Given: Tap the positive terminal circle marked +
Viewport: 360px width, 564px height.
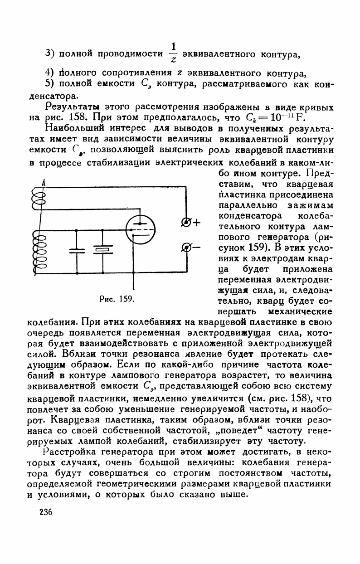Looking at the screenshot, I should click(185, 222).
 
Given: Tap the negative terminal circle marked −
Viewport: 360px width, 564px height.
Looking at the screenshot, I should click(185, 247).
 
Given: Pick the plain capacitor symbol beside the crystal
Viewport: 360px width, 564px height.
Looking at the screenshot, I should click(76, 250).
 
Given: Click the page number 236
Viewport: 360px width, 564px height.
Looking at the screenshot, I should click(46, 512).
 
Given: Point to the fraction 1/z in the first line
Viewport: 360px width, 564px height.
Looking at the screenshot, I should click(173, 53).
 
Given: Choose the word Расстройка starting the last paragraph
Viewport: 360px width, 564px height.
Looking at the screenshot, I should click(72, 452).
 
